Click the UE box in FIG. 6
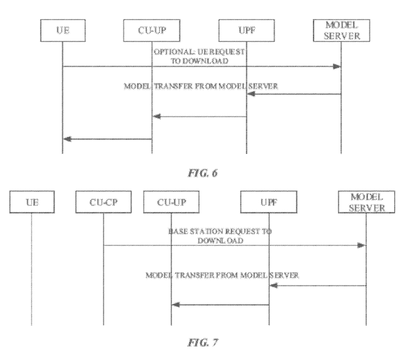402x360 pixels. click(62, 31)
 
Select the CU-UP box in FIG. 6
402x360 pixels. click(151, 31)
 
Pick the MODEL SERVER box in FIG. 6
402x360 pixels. click(340, 31)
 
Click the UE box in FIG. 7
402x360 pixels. click(31, 203)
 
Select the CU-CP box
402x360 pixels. click(103, 203)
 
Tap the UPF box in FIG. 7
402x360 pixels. click(268, 203)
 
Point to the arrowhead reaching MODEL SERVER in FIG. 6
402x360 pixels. click(337, 67)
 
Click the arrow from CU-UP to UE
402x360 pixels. click(107, 138)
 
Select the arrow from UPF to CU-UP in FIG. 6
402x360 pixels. click(199, 116)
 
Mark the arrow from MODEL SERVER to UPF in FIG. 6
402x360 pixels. click(293, 94)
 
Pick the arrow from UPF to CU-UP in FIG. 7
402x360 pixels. click(220, 305)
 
